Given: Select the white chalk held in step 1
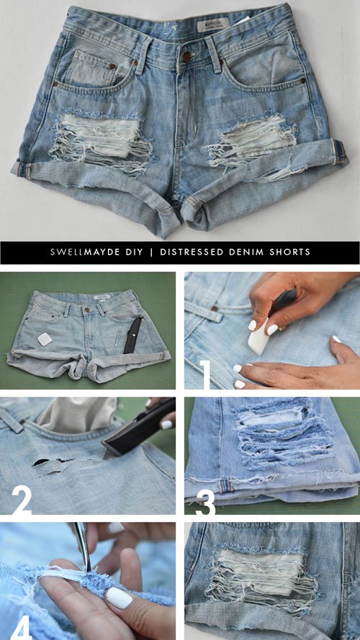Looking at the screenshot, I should pyautogui.click(x=258, y=336).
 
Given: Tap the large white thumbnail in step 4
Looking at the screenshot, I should pyautogui.click(x=119, y=598).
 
